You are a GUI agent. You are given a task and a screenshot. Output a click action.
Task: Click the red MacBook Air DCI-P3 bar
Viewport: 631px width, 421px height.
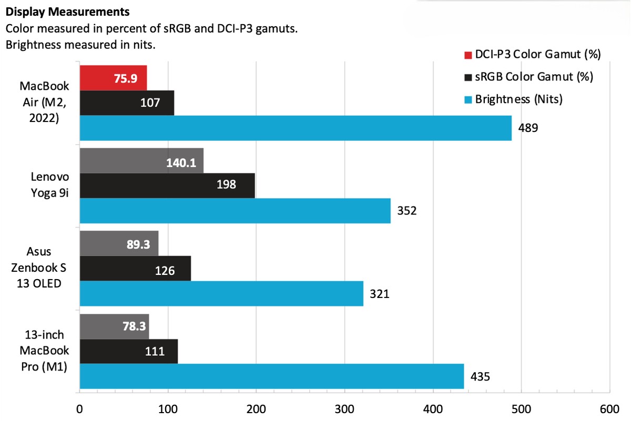[x=113, y=78]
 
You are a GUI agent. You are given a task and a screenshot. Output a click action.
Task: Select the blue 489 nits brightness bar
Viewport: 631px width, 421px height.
[x=295, y=128]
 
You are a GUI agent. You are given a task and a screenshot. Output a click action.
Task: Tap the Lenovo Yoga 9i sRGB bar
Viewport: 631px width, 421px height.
[x=167, y=186]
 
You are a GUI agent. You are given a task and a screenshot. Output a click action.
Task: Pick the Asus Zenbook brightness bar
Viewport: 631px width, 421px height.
[x=221, y=293]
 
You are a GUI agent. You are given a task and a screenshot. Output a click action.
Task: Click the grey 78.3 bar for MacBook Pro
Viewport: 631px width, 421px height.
[x=114, y=326]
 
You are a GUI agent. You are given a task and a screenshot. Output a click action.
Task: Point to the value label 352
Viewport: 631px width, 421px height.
[x=407, y=211]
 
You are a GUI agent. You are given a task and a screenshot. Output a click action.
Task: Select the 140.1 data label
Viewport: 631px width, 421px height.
[x=181, y=163]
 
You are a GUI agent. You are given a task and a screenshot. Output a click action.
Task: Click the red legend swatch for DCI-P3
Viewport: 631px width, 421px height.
[x=468, y=55]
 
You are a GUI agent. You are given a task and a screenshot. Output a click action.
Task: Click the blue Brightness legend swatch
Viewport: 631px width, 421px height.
[x=468, y=99]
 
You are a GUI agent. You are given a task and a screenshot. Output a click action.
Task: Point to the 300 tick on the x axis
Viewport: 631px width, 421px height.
[x=344, y=409]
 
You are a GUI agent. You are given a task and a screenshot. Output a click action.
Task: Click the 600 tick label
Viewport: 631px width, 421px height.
[x=609, y=409]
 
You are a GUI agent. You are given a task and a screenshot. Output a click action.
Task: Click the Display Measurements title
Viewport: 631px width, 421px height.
[x=68, y=11]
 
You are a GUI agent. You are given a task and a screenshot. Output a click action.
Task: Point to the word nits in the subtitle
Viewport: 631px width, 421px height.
[x=141, y=45]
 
